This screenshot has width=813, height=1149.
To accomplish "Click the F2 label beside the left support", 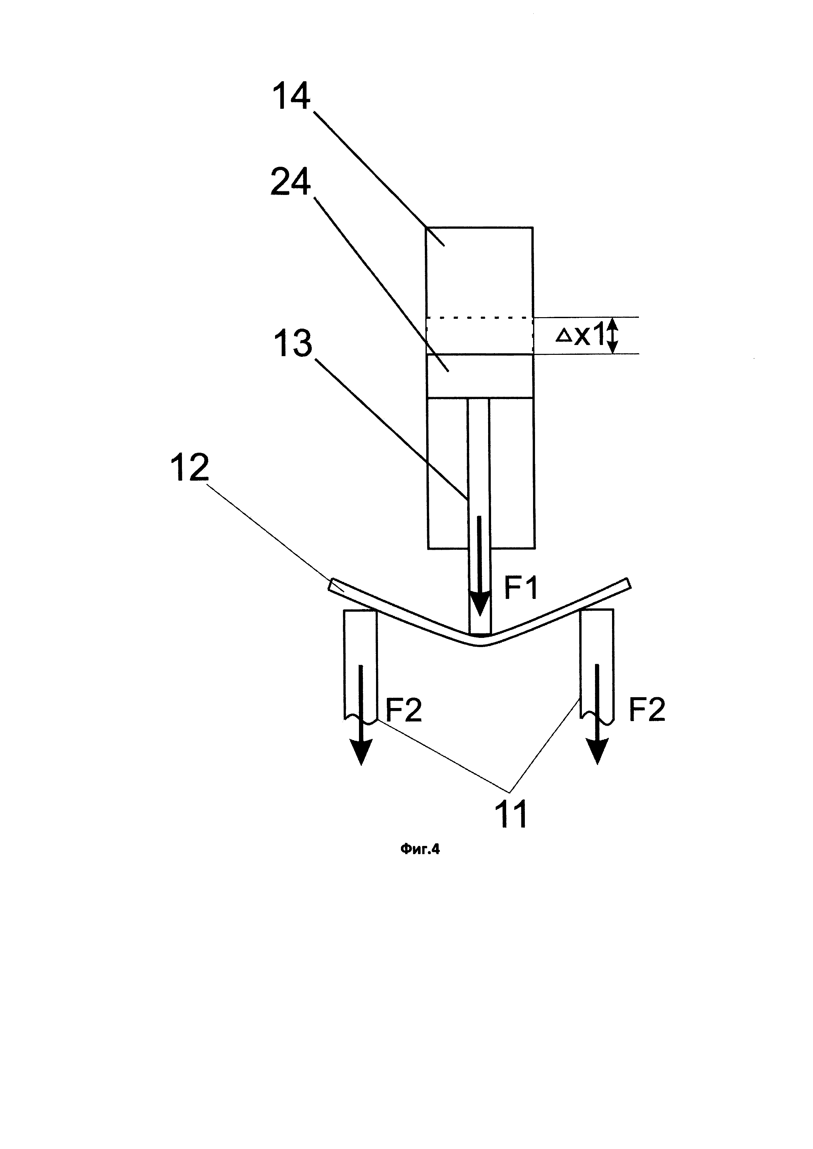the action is pyautogui.click(x=404, y=710).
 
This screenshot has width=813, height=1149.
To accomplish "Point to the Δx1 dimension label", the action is pyautogui.click(x=581, y=336).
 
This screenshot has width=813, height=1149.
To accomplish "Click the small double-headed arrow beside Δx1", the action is pyautogui.click(x=614, y=336).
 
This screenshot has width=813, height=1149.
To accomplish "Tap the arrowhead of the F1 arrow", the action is pyautogui.click(x=480, y=605).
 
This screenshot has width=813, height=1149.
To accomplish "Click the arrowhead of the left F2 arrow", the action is pyautogui.click(x=361, y=753).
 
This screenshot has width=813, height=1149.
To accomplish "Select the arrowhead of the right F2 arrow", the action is pyautogui.click(x=598, y=753).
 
